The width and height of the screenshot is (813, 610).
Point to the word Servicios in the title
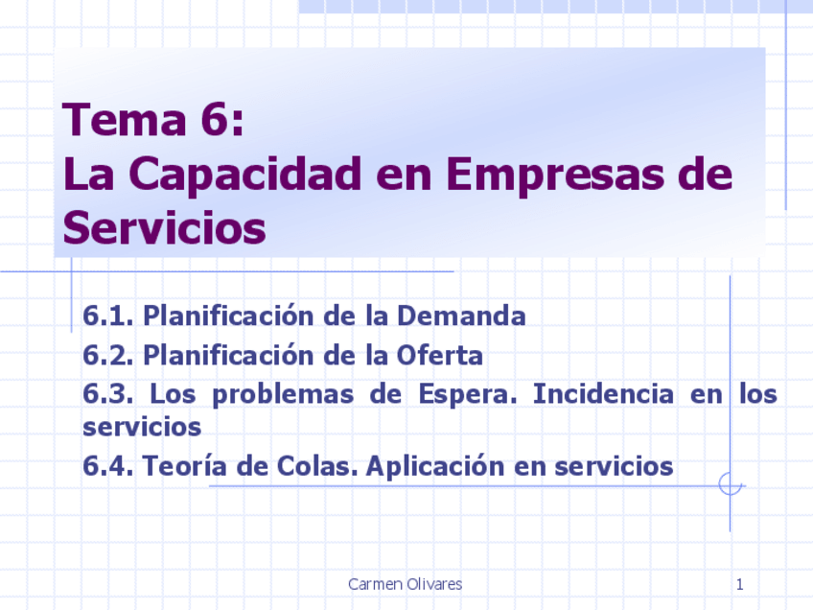pos(164,228)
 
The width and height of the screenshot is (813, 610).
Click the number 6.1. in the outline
pos(108,316)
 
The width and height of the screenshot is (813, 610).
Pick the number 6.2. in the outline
pos(108,356)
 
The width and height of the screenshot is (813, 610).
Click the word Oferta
pos(439,356)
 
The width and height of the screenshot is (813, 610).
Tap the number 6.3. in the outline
pos(109,394)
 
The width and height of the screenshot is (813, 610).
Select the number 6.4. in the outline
pos(109,466)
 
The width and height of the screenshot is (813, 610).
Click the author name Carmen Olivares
pos(405,584)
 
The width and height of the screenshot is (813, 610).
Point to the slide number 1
pos(740,584)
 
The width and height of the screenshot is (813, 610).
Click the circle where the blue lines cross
pos(731,484)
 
